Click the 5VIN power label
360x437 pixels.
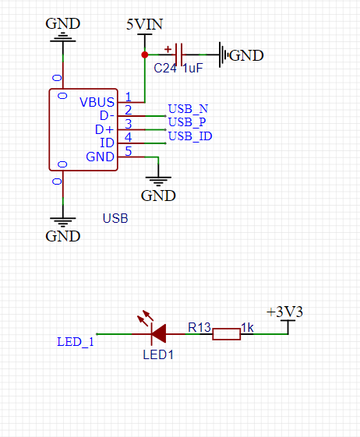144,24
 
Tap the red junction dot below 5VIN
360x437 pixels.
145,55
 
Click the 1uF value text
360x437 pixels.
192,68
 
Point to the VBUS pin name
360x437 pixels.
97,102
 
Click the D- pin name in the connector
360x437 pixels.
107,115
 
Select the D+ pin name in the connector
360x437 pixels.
104,129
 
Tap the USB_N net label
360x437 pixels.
188,109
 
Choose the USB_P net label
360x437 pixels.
187,122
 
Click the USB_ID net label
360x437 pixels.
190,136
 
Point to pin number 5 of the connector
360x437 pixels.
129,151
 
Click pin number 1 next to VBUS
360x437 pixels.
129,97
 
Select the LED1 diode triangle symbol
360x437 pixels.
158,333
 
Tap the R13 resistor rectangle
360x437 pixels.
227,334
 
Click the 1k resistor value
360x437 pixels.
247,328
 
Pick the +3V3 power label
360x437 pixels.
284,312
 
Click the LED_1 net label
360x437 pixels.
76,342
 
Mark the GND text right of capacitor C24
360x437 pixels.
246,55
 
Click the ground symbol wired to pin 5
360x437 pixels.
158,181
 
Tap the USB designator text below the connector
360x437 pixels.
115,218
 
